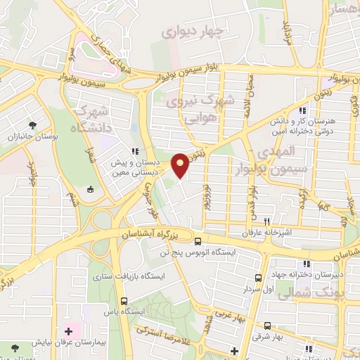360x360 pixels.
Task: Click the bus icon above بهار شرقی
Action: (x=268, y=326)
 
